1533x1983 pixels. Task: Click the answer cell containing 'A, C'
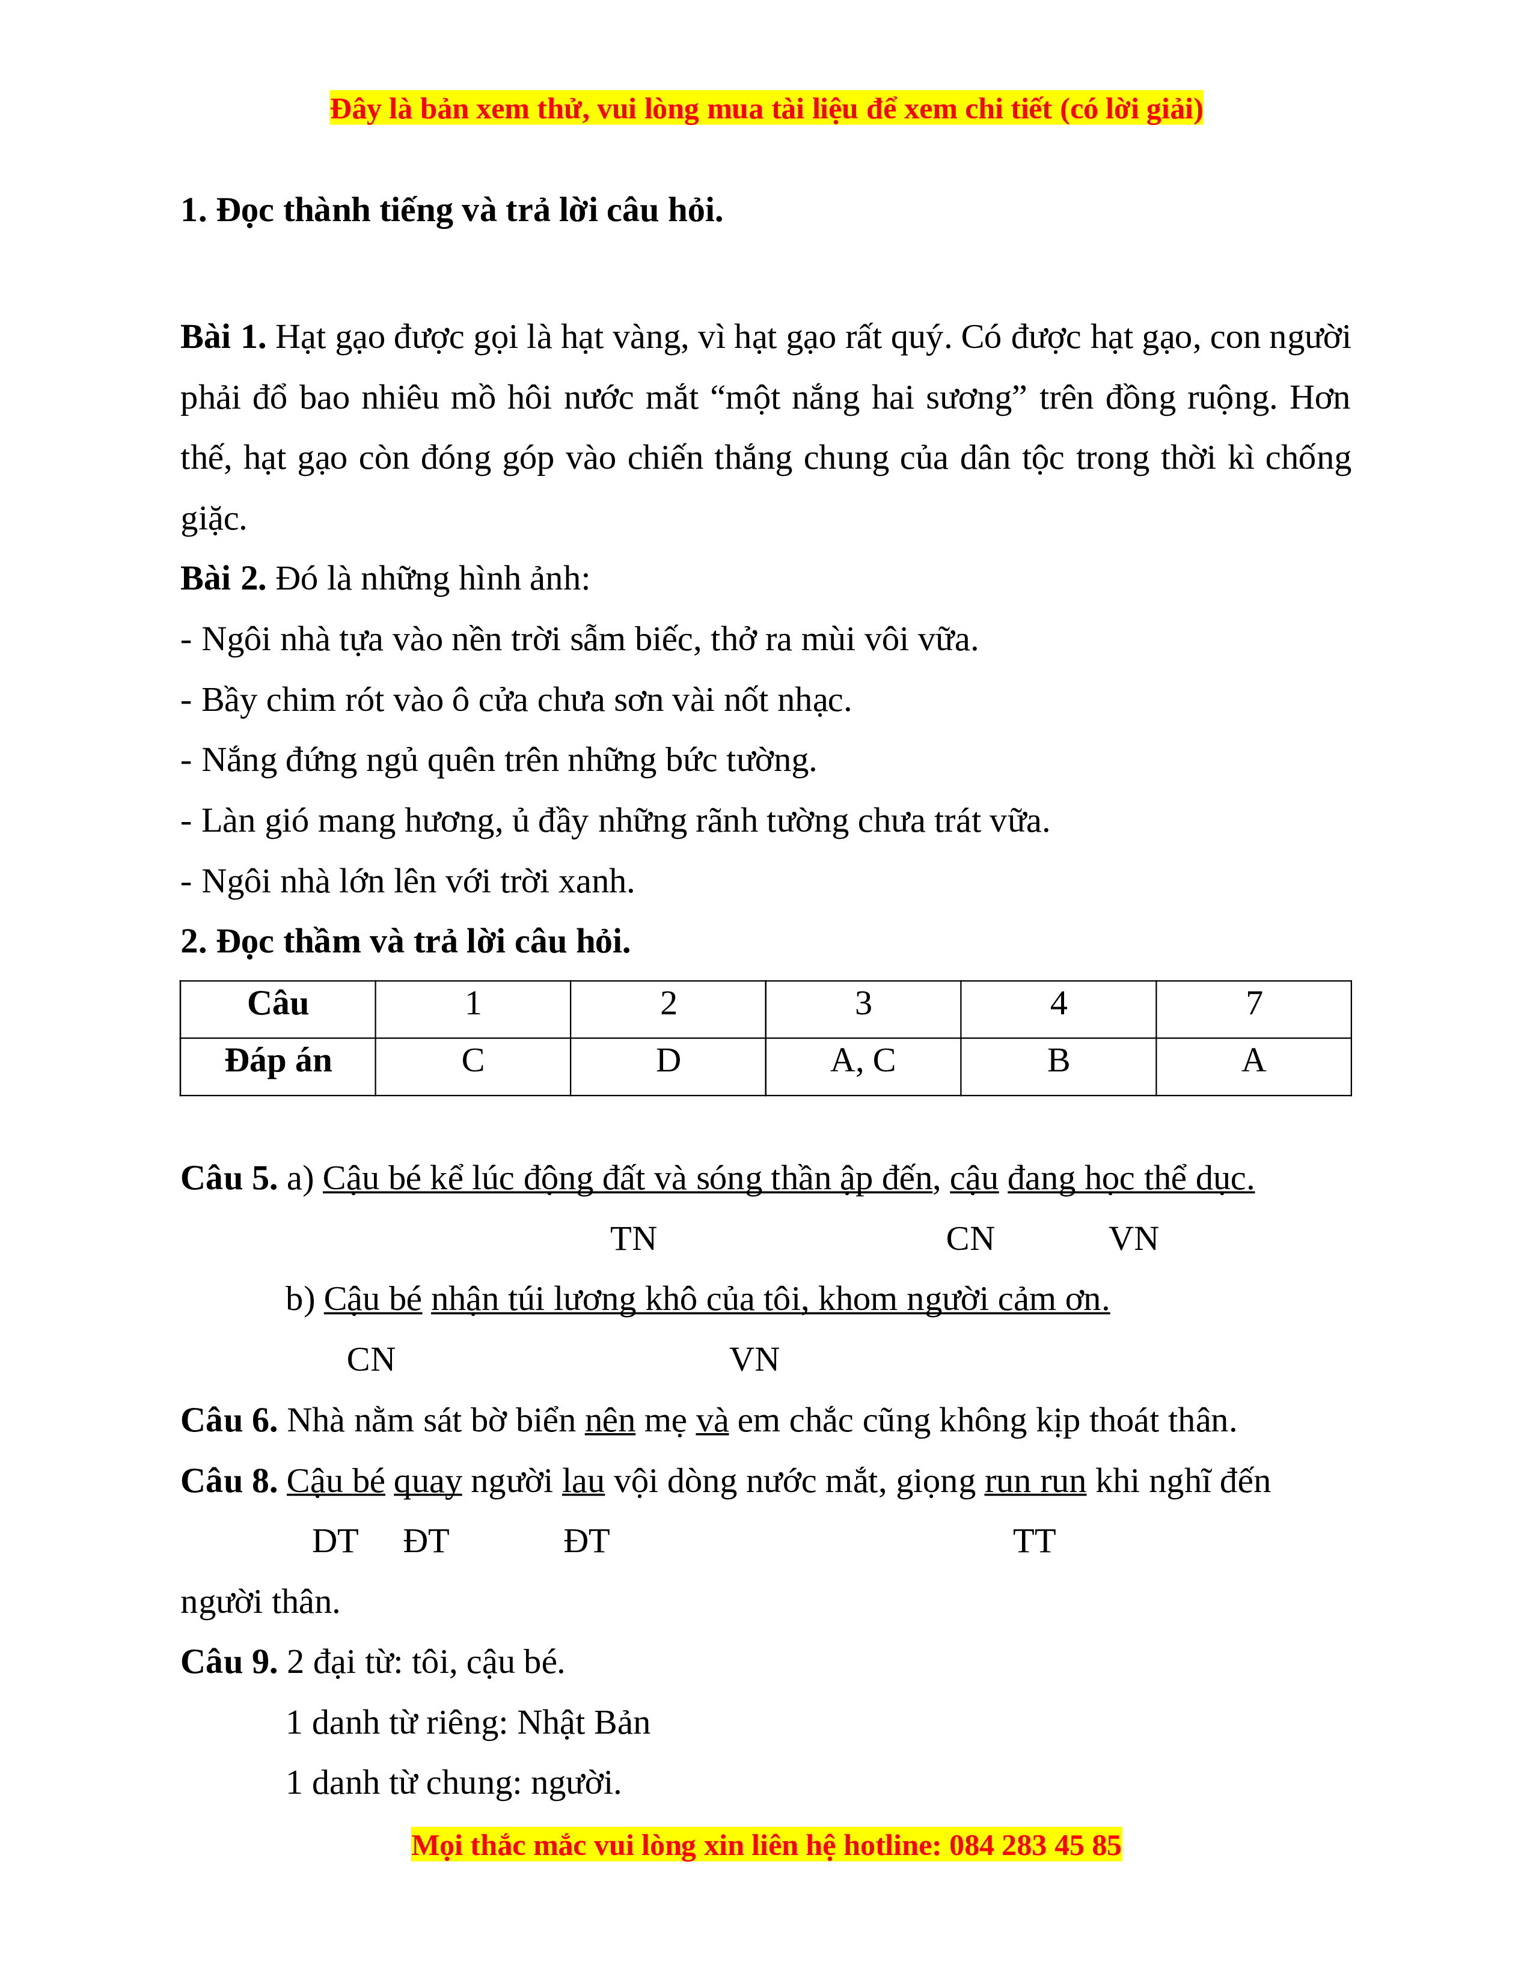pyautogui.click(x=862, y=1061)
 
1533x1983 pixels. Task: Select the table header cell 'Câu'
pyautogui.click(x=278, y=1004)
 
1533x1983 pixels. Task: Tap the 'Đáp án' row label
pyautogui.click(x=278, y=1061)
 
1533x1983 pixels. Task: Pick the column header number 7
pyautogui.click(x=1253, y=1004)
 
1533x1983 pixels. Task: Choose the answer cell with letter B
pyautogui.click(x=1058, y=1061)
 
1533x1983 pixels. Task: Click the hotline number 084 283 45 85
pyautogui.click(x=1035, y=1846)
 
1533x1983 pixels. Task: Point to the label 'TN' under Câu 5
pyautogui.click(x=633, y=1239)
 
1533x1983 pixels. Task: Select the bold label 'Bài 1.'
pyautogui.click(x=222, y=338)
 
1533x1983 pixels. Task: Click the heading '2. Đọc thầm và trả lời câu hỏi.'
pyautogui.click(x=405, y=942)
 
